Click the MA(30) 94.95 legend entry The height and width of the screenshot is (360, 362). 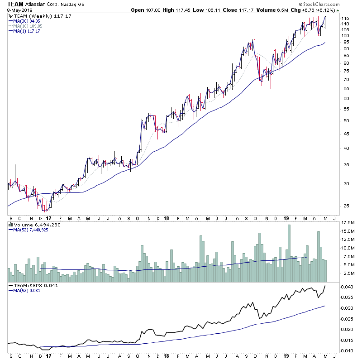click(x=27, y=21)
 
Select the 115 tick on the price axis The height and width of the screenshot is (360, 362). click(x=345, y=18)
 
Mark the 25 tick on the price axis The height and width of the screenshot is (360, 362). click(x=344, y=206)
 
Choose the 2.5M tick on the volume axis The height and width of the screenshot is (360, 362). click(x=347, y=274)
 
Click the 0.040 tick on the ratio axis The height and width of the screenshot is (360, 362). click(x=347, y=287)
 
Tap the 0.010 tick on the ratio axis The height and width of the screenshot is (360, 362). click(x=347, y=350)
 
